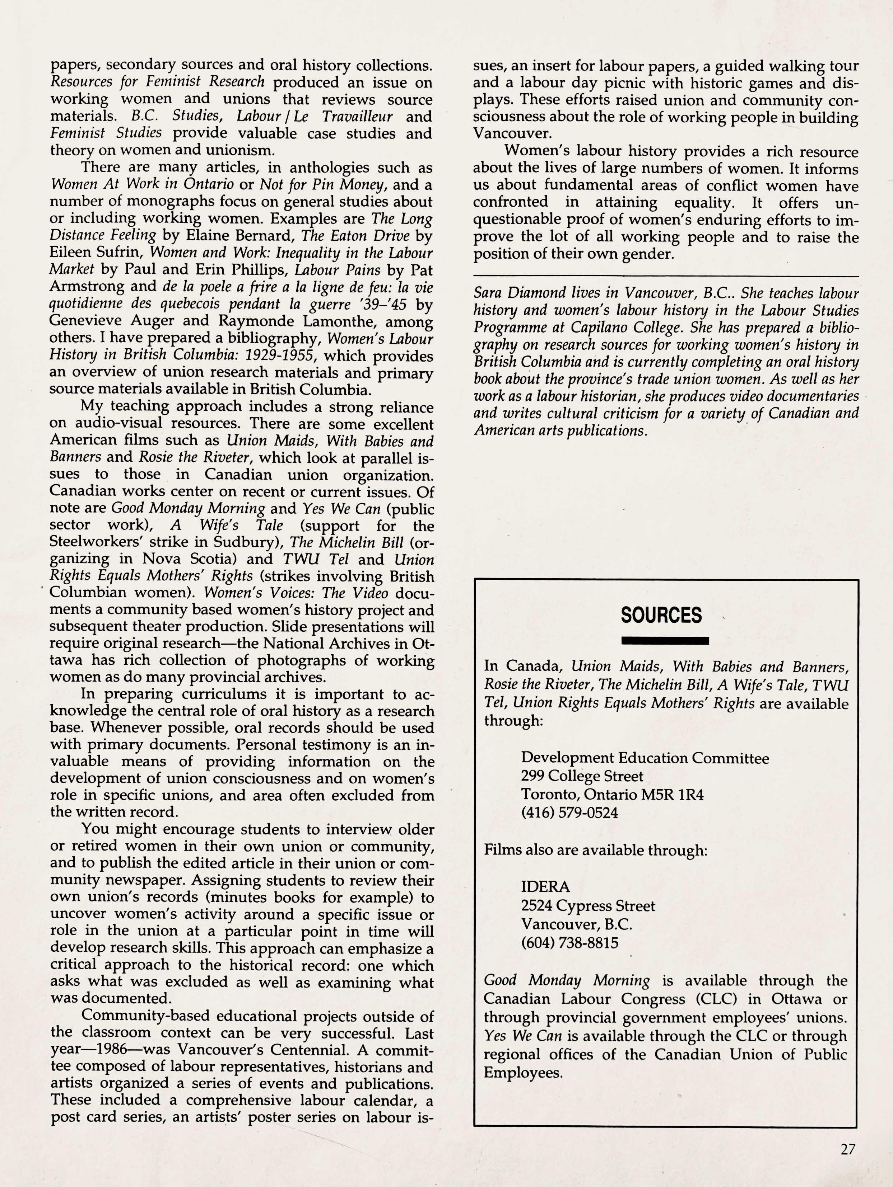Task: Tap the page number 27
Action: pos(847,1150)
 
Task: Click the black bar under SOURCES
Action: pos(665,640)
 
